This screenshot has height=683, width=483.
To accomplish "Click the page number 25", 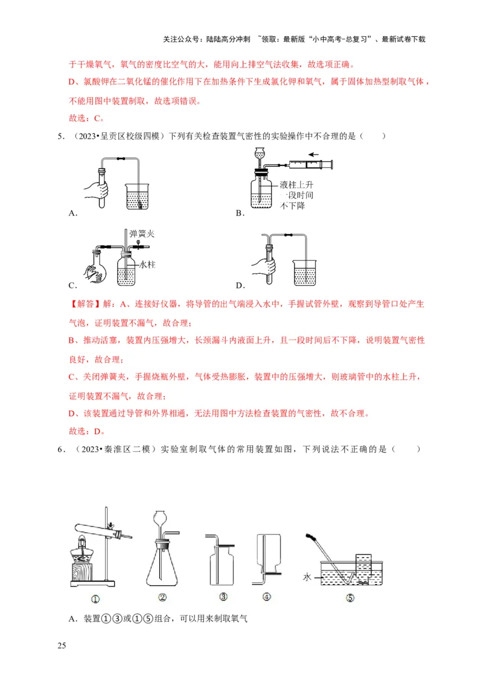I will click(61, 646).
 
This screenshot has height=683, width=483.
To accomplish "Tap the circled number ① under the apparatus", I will click(95, 599).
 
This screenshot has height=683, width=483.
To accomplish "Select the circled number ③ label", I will click(223, 598).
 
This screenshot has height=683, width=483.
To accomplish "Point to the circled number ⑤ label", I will click(350, 599).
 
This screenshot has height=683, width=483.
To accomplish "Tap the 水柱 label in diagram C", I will click(147, 264).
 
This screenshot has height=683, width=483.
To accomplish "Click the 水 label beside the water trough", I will click(307, 577).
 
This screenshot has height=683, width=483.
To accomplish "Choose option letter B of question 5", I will click(239, 213).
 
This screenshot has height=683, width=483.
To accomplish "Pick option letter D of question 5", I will click(239, 285).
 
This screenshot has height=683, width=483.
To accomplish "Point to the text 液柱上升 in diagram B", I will click(297, 184).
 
